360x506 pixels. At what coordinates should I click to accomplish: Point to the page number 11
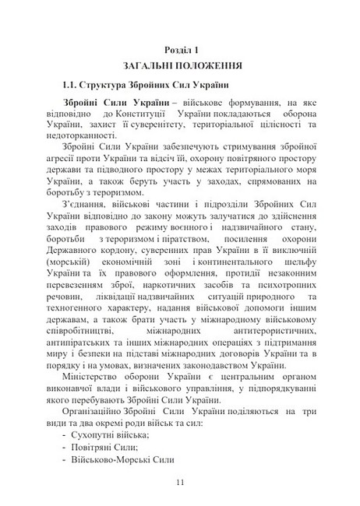179,483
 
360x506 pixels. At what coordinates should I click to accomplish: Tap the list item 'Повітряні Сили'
108,444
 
